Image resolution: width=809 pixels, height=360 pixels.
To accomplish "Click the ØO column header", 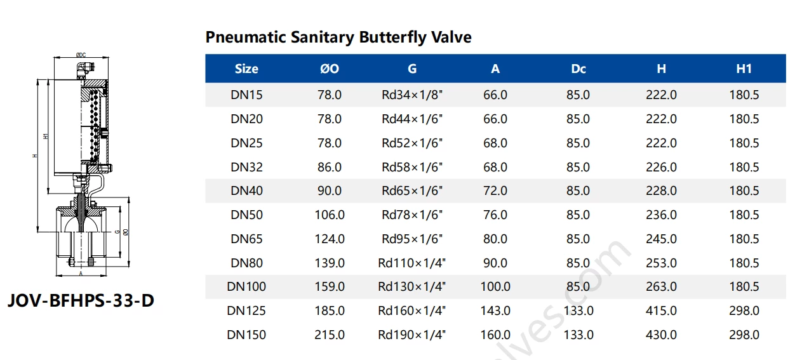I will pyautogui.click(x=330, y=69).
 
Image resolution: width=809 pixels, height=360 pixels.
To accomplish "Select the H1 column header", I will pyautogui.click(x=744, y=69).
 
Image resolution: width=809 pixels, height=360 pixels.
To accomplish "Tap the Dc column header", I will pyautogui.click(x=578, y=69).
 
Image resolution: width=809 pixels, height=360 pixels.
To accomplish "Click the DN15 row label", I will pyautogui.click(x=246, y=95).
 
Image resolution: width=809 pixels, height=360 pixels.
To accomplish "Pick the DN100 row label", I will pyautogui.click(x=246, y=287).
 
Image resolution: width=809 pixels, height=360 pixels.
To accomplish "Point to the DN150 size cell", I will pyautogui.click(x=246, y=335).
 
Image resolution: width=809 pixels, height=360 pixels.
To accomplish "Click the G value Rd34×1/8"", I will pyautogui.click(x=412, y=95).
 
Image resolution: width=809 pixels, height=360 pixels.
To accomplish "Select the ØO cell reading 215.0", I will pyautogui.click(x=330, y=335).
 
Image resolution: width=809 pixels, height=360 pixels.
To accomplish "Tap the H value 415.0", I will pyautogui.click(x=661, y=311).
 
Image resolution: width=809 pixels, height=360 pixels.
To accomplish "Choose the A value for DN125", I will pyautogui.click(x=495, y=311).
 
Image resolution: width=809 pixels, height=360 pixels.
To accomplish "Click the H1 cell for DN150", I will pyautogui.click(x=744, y=335).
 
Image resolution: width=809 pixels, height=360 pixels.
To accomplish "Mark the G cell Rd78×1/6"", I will pyautogui.click(x=412, y=215).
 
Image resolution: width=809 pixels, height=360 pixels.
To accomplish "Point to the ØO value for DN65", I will pyautogui.click(x=330, y=239).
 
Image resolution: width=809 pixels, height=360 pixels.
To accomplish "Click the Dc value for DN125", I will pyautogui.click(x=578, y=311).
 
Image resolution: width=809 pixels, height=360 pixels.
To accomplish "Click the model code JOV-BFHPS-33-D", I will pyautogui.click(x=81, y=300).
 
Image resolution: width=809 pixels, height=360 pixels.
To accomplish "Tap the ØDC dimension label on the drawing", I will pyautogui.click(x=81, y=55).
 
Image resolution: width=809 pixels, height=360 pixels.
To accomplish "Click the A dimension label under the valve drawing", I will pyautogui.click(x=81, y=274).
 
